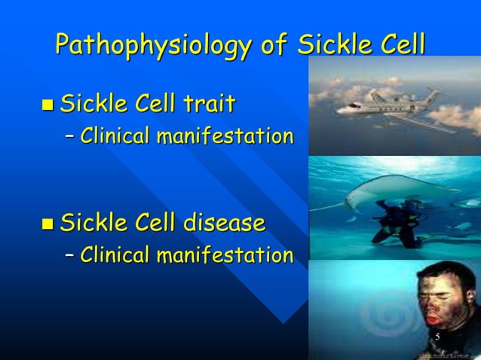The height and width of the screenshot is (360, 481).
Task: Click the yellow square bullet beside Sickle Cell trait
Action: (47, 105)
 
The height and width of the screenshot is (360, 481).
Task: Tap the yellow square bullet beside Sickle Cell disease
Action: (47, 224)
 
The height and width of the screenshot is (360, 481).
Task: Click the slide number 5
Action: (437, 336)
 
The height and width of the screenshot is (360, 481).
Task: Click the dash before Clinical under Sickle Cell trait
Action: (70, 137)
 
